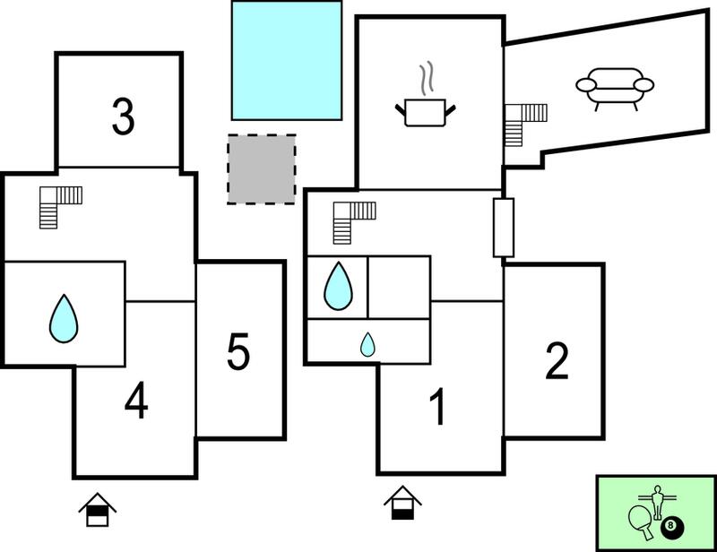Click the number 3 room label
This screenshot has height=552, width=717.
coord(124,117)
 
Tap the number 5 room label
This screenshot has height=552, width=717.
coord(238,351)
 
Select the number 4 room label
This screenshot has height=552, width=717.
coord(136,401)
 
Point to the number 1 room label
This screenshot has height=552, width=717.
coord(437,407)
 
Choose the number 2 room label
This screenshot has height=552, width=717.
coord(557,361)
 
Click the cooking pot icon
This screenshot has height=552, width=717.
coord(425,113)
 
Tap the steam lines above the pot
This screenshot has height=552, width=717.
coord(427,78)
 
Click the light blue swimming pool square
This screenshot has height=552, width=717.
coord(287,60)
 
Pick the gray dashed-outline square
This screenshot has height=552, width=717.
coord(262,169)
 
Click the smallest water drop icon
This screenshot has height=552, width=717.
coord(367,345)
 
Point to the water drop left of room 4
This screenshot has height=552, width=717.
coord(64,319)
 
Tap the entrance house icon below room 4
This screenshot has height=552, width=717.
coord(98,510)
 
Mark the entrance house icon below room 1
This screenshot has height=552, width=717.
coord(402,503)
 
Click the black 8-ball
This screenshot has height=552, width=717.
coord(672,526)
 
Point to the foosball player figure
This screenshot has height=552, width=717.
coord(658,502)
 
